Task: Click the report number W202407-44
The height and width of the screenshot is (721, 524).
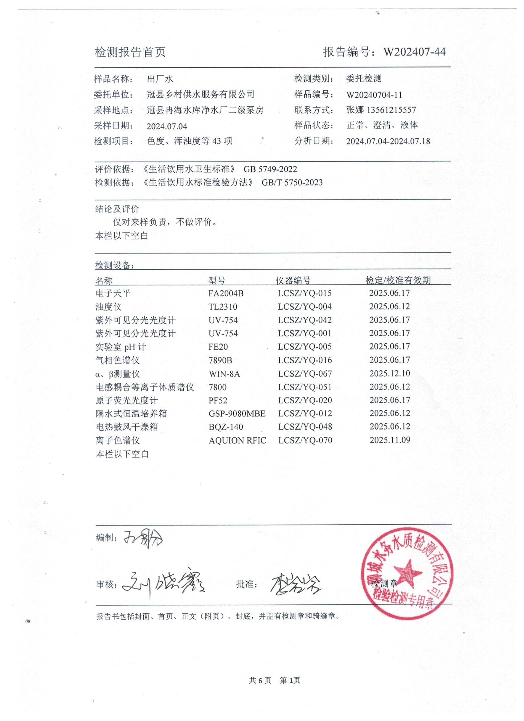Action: click(414, 52)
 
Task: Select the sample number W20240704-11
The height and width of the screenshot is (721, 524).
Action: click(374, 95)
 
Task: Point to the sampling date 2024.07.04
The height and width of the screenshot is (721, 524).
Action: click(167, 126)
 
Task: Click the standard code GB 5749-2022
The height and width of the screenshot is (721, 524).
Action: click(270, 169)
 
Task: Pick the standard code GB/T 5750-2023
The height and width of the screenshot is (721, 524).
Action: click(292, 183)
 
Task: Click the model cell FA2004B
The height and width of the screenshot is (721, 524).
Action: click(226, 293)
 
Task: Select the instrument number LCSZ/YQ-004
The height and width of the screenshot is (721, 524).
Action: click(305, 307)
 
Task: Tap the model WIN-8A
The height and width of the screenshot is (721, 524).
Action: click(224, 374)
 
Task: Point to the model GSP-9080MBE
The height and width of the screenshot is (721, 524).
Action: click(237, 414)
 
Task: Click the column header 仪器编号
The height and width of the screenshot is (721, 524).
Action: click(293, 280)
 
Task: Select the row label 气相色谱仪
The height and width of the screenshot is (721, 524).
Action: click(117, 360)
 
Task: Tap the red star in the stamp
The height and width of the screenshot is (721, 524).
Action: click(408, 572)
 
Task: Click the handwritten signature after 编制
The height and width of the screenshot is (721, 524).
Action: click(143, 538)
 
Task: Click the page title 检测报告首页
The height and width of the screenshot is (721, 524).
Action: click(130, 52)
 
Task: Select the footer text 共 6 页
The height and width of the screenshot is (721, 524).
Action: click(260, 680)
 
